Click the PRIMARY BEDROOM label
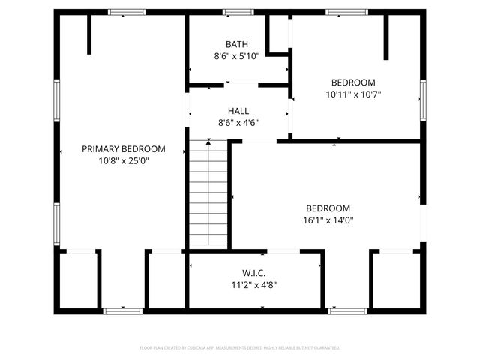click(124, 149)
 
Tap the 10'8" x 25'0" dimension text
click(124, 160)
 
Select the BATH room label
click(237, 44)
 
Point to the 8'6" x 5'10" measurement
click(237, 56)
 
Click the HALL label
click(238, 111)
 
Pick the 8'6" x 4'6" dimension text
click(238, 123)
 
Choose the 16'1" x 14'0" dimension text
click(328, 220)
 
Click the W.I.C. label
click(254, 273)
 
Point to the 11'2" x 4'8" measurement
click(254, 285)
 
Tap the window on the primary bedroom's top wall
click(126, 12)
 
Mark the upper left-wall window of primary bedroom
click(56, 100)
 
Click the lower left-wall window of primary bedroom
click(56, 223)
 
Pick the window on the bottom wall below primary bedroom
click(122, 310)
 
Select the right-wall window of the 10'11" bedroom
click(422, 100)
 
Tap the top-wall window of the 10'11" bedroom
click(346, 12)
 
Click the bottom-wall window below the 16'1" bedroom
click(348, 310)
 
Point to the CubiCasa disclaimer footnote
click(240, 348)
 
